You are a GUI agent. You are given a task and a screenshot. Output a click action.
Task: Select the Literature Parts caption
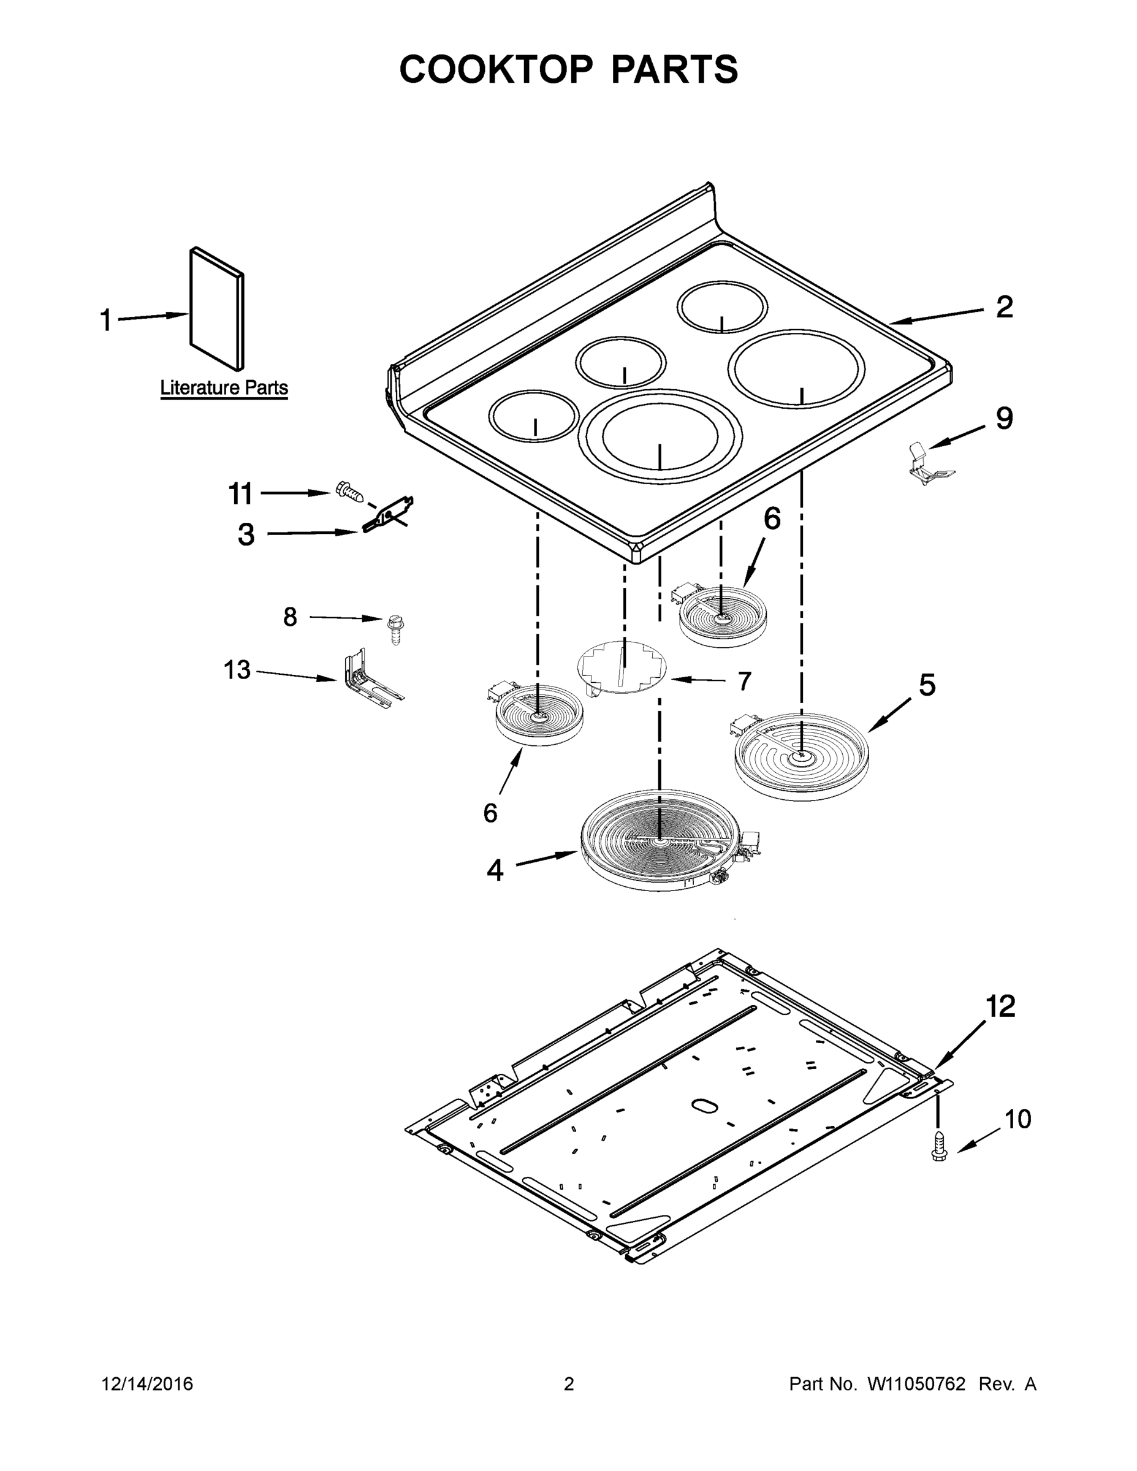tap(224, 388)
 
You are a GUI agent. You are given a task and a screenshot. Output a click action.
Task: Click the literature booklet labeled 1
tap(216, 309)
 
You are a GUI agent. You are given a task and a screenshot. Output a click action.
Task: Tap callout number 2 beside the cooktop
tap(1003, 307)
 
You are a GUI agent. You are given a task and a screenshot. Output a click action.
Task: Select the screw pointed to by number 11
tap(348, 492)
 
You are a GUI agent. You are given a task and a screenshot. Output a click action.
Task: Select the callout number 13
tap(237, 670)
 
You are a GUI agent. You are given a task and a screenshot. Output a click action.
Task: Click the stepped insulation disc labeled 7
tap(621, 667)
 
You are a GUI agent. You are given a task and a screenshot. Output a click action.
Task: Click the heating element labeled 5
tap(800, 756)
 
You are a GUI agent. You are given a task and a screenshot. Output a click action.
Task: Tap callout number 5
tap(927, 686)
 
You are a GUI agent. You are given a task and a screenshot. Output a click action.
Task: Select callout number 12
tap(1000, 1007)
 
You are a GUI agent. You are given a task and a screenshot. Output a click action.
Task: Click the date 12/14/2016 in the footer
tap(148, 1383)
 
